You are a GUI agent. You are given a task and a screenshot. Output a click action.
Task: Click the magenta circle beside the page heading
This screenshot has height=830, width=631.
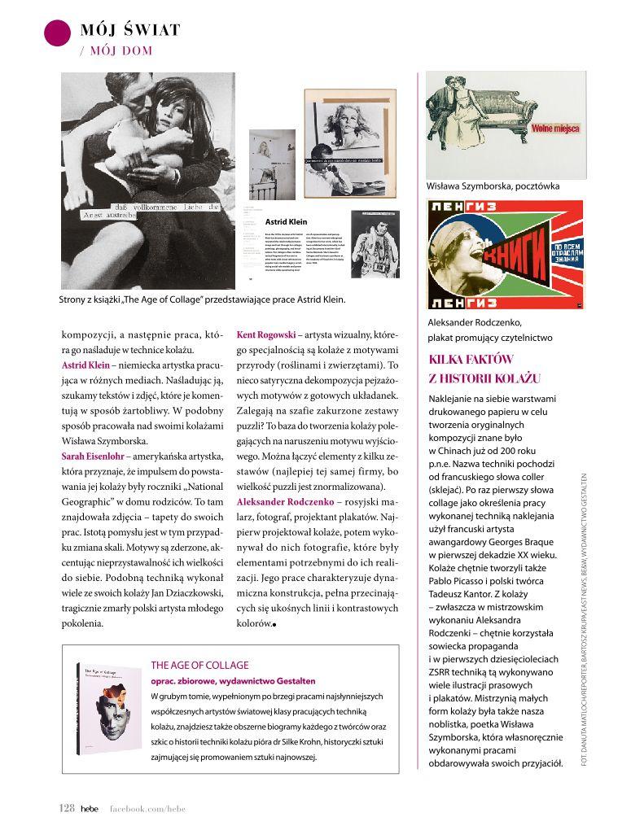click(x=57, y=32)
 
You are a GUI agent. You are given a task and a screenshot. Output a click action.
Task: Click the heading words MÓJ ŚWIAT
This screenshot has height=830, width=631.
click(x=130, y=31)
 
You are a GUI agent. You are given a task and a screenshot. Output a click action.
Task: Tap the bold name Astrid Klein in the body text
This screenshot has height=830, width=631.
click(x=85, y=365)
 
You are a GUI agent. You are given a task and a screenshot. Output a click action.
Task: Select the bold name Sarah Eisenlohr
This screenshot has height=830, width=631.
click(x=96, y=456)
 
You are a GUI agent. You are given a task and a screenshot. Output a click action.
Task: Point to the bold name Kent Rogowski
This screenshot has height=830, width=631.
click(x=265, y=334)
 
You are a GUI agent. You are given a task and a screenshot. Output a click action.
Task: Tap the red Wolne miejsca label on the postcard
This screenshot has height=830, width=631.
click(x=555, y=129)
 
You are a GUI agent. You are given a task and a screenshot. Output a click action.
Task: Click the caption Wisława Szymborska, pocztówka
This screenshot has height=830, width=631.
click(x=493, y=186)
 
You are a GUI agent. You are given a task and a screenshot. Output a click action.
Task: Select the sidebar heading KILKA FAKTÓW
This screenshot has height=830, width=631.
click(x=472, y=360)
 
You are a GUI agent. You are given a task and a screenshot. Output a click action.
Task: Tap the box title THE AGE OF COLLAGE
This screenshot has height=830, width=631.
click(x=200, y=665)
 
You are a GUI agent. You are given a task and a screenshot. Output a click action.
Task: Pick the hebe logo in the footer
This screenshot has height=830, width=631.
click(x=89, y=808)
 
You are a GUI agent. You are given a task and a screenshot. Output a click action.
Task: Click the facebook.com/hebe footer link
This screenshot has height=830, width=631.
click(x=144, y=808)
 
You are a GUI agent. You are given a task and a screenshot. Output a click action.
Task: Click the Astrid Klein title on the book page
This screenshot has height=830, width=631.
click(x=286, y=221)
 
